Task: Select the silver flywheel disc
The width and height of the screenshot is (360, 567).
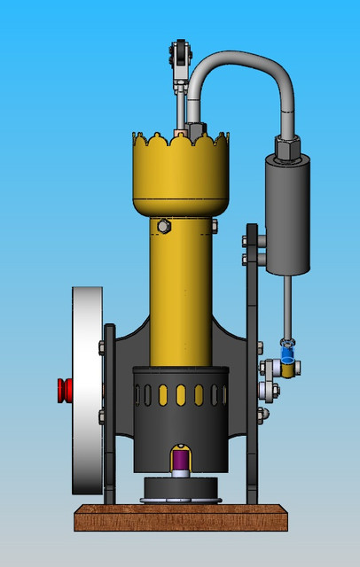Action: [86, 390]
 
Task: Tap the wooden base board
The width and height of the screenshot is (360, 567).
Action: [181, 517]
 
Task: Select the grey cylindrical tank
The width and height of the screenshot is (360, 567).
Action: [287, 217]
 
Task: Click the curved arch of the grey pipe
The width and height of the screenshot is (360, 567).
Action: [239, 58]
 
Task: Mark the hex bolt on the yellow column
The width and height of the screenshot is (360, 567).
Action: [163, 227]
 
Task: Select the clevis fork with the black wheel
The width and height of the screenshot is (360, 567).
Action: [182, 55]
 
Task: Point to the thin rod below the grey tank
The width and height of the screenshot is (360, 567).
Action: [287, 306]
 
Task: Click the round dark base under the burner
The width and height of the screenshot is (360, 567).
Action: [180, 488]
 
